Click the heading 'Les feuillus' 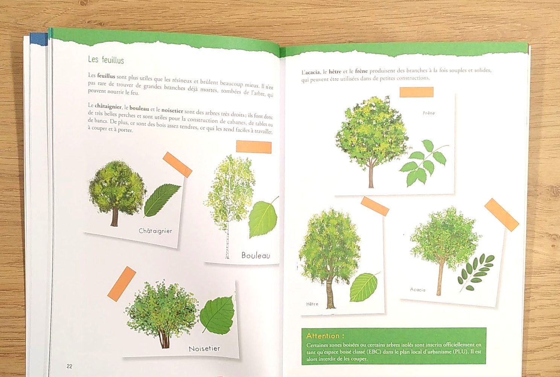[106, 60]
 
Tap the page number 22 [70, 366]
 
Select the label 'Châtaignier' [155, 231]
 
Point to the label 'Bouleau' [256, 255]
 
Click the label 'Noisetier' [204, 348]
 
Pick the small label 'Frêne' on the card [429, 113]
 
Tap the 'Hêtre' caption [312, 304]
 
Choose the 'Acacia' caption [417, 290]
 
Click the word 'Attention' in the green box [323, 336]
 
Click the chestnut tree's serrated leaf [162, 200]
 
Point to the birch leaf [263, 218]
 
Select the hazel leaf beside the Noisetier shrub [218, 315]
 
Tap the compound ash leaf [424, 162]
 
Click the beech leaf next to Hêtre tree [364, 287]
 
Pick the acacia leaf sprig [475, 273]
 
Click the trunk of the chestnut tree [114, 217]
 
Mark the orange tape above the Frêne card [416, 92]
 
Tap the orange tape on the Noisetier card [122, 284]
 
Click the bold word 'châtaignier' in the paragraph [108, 106]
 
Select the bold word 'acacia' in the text [312, 73]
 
